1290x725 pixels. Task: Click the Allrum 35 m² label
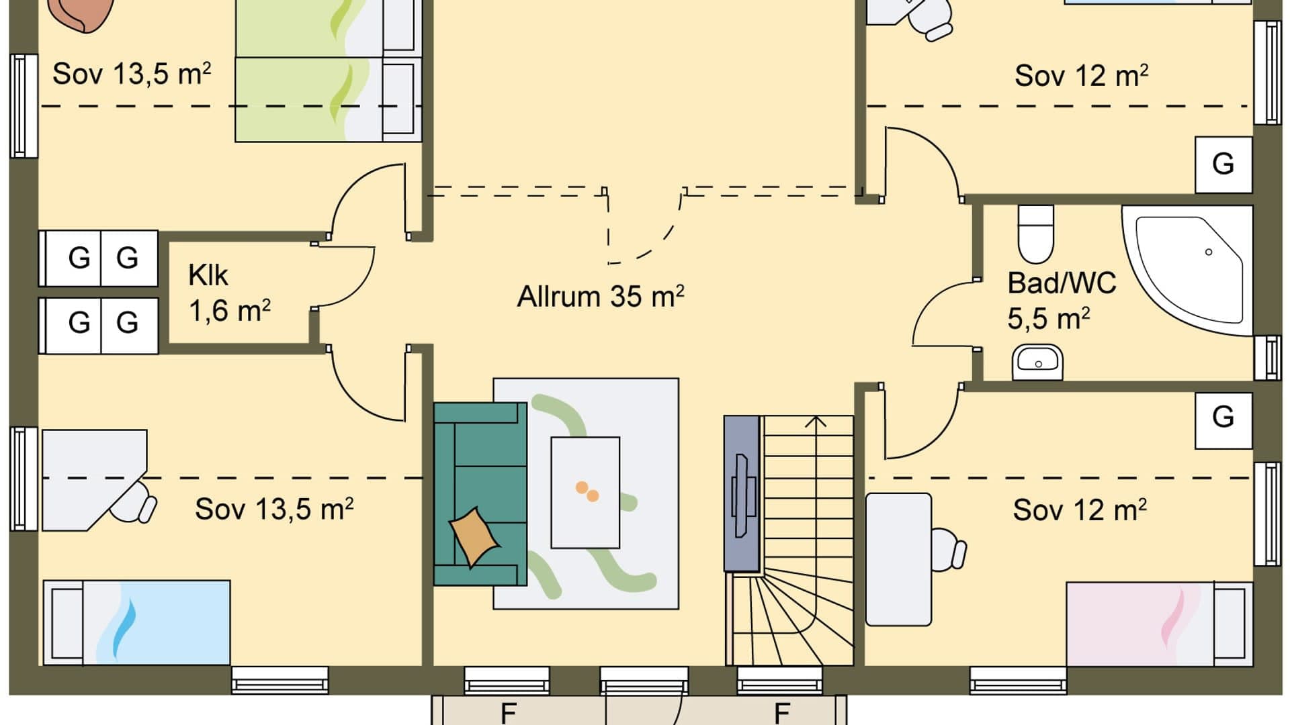pos(600,297)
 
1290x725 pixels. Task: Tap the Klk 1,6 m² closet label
pos(228,293)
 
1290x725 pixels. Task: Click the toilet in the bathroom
pos(1035,234)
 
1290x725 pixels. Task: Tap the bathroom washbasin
pos(1037,362)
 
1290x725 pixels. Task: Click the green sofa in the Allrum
pos(478,493)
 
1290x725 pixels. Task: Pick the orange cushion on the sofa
pos(474,536)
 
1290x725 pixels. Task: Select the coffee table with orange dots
pos(585,493)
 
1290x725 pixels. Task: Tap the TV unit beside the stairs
pos(742,493)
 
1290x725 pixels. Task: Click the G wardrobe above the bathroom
pos(1223,164)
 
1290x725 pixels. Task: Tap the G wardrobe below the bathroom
pos(1223,418)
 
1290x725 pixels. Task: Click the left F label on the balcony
pos(508,712)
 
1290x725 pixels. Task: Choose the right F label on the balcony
pos(781,712)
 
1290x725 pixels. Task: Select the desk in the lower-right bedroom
pos(898,559)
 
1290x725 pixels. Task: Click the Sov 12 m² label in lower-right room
pos(1079,511)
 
